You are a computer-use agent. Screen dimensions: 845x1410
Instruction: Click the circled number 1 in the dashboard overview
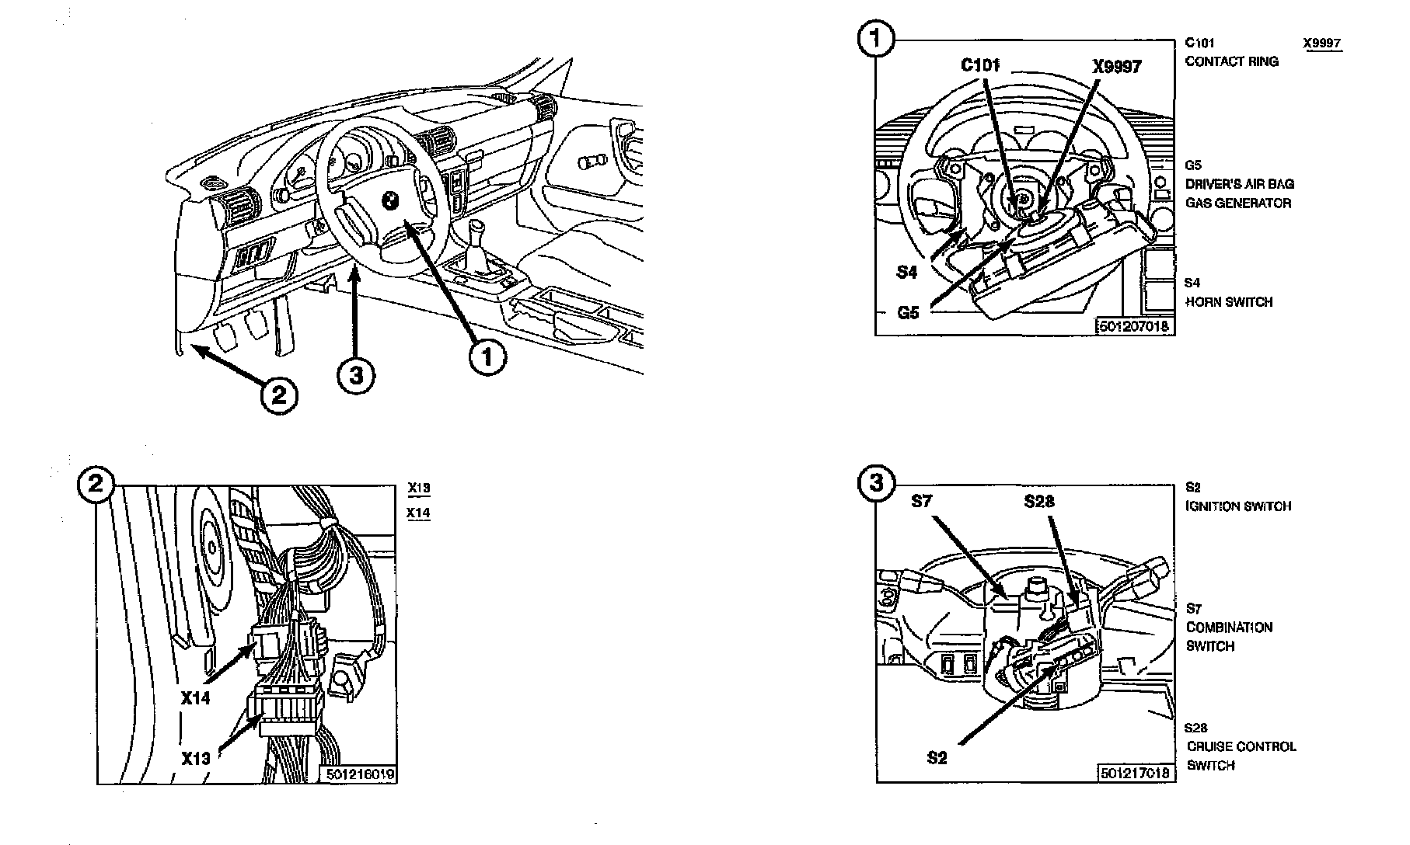click(488, 357)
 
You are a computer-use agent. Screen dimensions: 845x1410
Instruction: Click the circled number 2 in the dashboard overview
click(278, 395)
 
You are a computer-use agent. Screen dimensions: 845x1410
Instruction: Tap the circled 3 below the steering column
click(356, 376)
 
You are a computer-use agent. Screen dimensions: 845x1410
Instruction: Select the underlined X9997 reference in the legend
click(1322, 43)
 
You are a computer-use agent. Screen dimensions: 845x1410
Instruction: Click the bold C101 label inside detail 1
click(979, 65)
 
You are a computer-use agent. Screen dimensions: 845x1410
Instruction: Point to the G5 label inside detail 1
click(908, 313)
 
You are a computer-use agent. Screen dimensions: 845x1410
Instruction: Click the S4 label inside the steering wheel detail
click(906, 272)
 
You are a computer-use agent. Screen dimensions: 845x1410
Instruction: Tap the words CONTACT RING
click(1231, 61)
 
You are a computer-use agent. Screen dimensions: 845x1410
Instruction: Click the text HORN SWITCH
click(1229, 302)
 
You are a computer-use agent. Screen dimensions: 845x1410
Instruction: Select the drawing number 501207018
click(1133, 327)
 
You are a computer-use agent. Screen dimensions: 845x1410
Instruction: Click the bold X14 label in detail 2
click(196, 698)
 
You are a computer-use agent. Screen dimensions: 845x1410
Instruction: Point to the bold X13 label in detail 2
click(196, 758)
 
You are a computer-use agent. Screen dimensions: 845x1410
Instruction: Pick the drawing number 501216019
click(360, 774)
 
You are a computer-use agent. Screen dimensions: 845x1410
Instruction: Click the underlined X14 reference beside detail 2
click(419, 513)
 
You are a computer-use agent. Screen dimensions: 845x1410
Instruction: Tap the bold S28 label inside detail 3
click(1039, 502)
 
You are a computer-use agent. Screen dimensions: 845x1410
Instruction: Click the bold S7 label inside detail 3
click(921, 502)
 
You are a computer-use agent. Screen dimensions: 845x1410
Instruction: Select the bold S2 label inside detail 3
click(937, 758)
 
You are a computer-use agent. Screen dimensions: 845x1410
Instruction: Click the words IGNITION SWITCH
click(1238, 506)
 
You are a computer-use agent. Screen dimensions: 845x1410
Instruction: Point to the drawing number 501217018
click(1134, 773)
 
